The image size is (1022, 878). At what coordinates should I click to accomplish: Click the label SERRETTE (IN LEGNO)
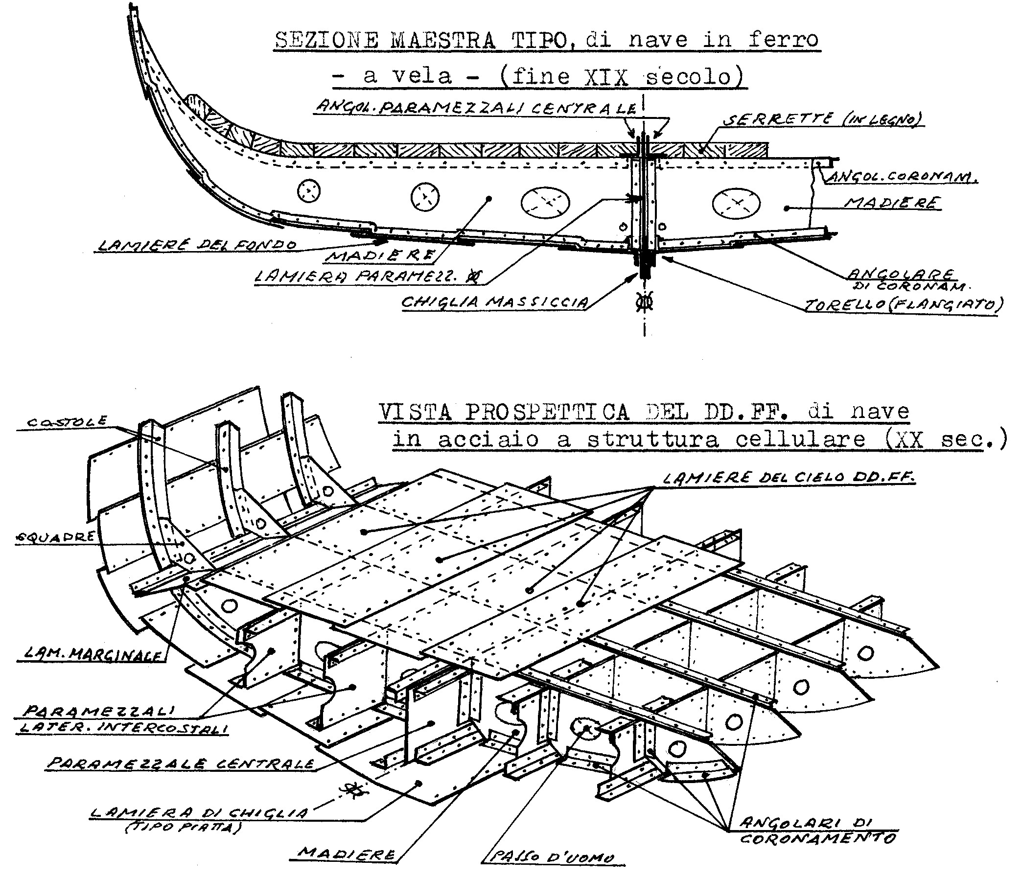point(823,119)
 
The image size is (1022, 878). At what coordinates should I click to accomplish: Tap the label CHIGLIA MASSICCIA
point(495,302)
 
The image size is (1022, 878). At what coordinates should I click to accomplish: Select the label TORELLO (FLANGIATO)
point(903,305)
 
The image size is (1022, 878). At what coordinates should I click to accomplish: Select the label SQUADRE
point(55,537)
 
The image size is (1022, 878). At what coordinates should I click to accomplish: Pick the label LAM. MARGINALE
point(92,654)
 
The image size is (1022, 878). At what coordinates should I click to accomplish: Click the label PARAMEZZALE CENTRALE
point(181,763)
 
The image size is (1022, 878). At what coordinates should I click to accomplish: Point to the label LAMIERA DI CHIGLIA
point(199,812)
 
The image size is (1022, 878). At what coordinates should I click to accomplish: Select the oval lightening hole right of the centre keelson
point(736,203)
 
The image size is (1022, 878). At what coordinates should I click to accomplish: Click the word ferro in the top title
point(783,40)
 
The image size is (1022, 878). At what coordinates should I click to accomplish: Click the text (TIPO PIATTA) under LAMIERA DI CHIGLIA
point(182,828)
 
